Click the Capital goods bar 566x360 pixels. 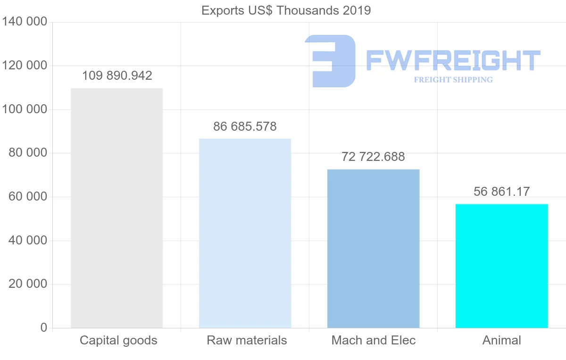(117, 208)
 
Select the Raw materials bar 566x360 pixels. (245, 233)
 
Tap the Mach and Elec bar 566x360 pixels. (373, 248)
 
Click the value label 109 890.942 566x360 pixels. (117, 75)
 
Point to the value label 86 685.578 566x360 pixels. (245, 126)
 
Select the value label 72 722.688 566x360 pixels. (373, 157)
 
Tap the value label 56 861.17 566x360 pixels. (501, 192)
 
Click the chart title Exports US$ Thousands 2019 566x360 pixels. (286, 10)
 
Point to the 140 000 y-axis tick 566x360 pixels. (25, 22)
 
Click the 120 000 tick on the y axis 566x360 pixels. (25, 66)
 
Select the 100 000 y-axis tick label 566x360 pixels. (25, 109)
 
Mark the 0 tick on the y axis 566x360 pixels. (44, 327)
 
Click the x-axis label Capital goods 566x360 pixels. (118, 340)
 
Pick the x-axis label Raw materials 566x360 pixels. (247, 340)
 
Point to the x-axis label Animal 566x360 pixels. (501, 340)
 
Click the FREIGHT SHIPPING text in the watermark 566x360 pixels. (453, 80)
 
